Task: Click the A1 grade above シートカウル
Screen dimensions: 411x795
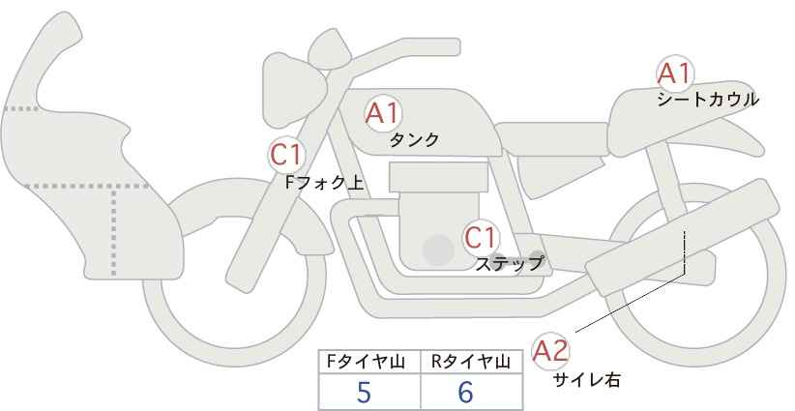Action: pyautogui.click(x=674, y=73)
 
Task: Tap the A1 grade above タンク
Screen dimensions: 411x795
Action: pyautogui.click(x=382, y=113)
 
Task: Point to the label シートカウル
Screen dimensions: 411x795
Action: pyautogui.click(x=707, y=99)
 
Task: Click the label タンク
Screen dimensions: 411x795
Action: pyautogui.click(x=414, y=139)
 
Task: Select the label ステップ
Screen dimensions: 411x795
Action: pyautogui.click(x=509, y=263)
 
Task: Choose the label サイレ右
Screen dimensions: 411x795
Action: pyautogui.click(x=586, y=380)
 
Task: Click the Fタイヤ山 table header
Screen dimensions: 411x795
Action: pyautogui.click(x=369, y=363)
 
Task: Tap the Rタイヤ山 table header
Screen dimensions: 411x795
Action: pyautogui.click(x=471, y=363)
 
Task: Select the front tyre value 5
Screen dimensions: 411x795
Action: pyautogui.click(x=364, y=393)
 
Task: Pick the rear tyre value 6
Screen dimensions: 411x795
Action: pyautogui.click(x=465, y=393)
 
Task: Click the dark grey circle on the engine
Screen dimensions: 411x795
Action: pyautogui.click(x=438, y=250)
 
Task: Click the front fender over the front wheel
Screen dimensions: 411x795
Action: pyautogui.click(x=203, y=208)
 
